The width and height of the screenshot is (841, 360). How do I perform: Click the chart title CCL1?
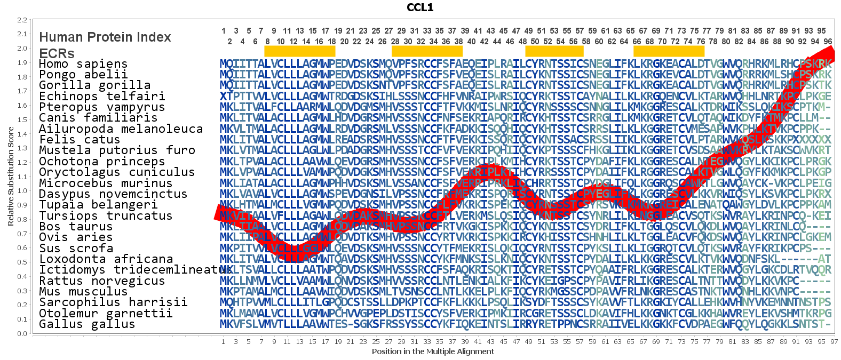tap(420, 7)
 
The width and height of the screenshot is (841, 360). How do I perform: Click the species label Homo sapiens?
tap(83, 64)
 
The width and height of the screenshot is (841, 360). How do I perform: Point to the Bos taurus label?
tap(75, 227)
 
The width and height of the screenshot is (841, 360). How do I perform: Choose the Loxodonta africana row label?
tap(106, 259)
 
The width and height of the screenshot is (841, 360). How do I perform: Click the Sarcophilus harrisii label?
tap(113, 302)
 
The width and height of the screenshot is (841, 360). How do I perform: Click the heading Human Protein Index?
tap(105, 37)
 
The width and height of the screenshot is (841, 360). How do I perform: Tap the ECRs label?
tap(57, 53)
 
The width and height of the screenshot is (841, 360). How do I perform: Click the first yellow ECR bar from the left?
tap(300, 51)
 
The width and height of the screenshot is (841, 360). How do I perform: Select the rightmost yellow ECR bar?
tap(669, 51)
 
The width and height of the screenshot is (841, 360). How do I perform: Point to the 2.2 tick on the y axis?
tap(22, 20)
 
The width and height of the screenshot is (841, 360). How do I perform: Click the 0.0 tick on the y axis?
tap(22, 334)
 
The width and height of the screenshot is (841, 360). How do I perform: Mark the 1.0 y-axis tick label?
tap(22, 191)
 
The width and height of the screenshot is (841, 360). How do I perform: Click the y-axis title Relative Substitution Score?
tap(11, 177)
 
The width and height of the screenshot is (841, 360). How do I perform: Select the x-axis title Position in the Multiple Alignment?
tap(433, 351)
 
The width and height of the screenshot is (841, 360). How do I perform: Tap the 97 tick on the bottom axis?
tap(834, 342)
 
